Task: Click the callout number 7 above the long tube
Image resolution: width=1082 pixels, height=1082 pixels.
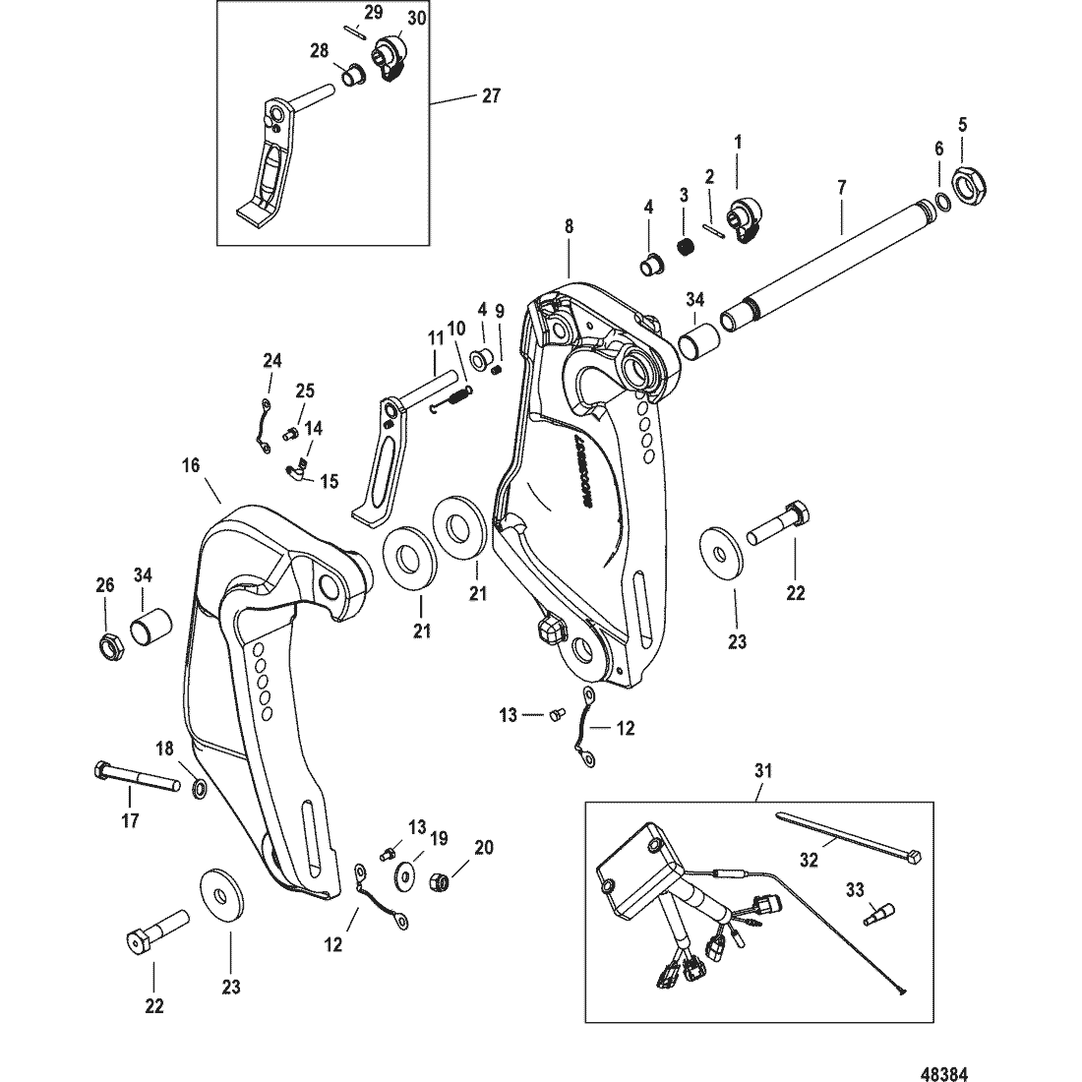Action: click(841, 186)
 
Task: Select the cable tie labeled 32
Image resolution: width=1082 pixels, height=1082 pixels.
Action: click(846, 833)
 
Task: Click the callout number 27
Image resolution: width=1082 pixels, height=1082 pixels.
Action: click(491, 95)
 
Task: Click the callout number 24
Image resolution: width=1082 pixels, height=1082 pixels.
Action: click(271, 361)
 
